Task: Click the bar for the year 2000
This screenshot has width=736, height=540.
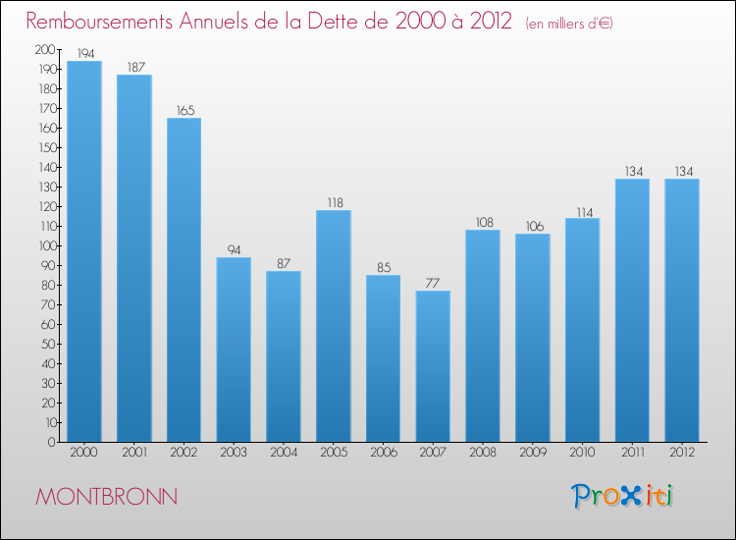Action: pyautogui.click(x=84, y=251)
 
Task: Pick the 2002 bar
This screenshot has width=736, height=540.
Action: pyautogui.click(x=184, y=280)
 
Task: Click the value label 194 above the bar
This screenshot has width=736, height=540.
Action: pyautogui.click(x=84, y=53)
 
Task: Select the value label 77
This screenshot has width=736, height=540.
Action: pyautogui.click(x=433, y=283)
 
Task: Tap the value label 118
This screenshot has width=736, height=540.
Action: pyautogui.click(x=334, y=202)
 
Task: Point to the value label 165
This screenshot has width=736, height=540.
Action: pyautogui.click(x=184, y=110)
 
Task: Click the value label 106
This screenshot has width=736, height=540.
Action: pyautogui.click(x=533, y=226)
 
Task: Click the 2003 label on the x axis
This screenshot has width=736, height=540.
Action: pyautogui.click(x=234, y=452)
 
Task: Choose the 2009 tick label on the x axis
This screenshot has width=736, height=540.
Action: pyautogui.click(x=533, y=452)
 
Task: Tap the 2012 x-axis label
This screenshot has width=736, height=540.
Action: pyautogui.click(x=682, y=452)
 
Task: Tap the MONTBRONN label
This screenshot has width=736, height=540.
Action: pyautogui.click(x=106, y=497)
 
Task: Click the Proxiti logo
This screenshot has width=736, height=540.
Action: pyautogui.click(x=623, y=496)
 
